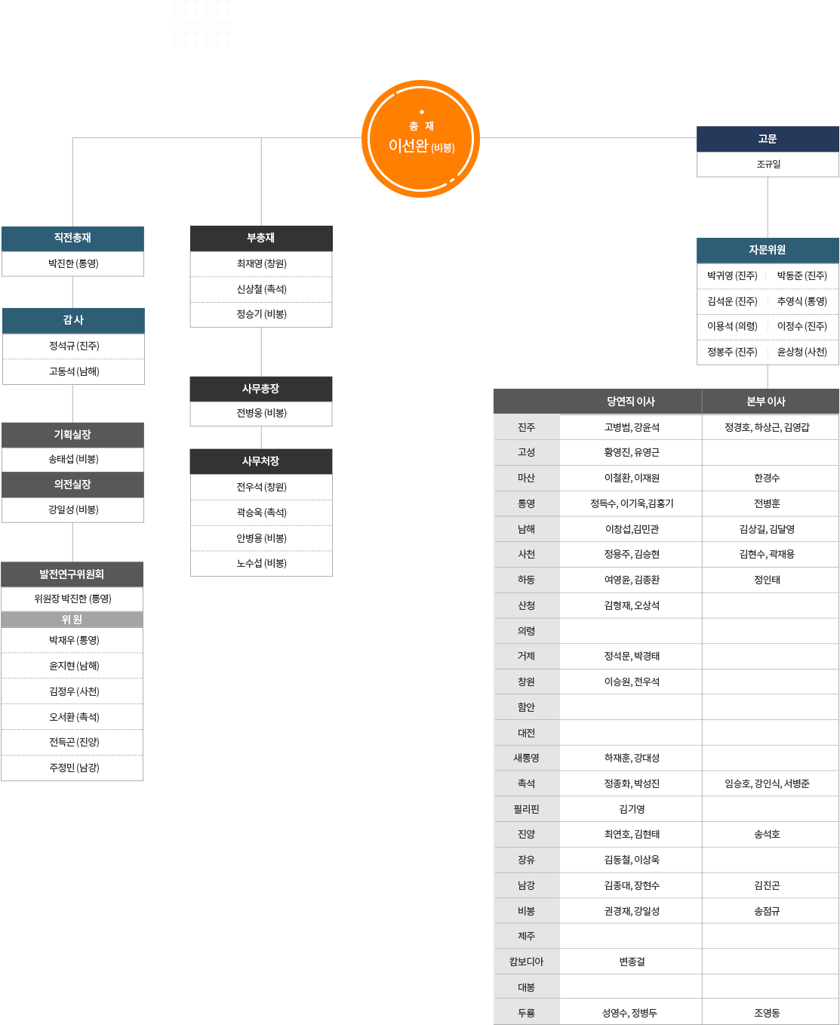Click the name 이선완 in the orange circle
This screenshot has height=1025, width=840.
[408, 146]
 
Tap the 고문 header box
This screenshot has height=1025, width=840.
[768, 139]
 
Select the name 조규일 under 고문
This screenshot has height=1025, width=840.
[768, 165]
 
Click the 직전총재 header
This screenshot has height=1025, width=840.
[73, 239]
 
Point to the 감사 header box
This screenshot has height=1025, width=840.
[73, 320]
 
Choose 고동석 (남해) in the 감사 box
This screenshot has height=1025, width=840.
[74, 371]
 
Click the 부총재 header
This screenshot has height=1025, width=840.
[261, 239]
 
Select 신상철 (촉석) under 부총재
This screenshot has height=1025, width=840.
[262, 289]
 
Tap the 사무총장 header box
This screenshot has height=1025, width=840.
[261, 389]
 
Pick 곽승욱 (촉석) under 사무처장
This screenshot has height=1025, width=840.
[262, 512]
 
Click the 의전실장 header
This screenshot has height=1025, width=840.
[73, 485]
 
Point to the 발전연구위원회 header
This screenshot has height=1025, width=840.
[72, 574]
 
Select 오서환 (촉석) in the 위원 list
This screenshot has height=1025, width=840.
[74, 717]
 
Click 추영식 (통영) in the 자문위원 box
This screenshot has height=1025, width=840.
[802, 301]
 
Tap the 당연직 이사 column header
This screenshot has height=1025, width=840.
[631, 402]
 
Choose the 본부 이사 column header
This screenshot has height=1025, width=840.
[766, 402]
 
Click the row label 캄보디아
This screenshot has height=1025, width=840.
[527, 962]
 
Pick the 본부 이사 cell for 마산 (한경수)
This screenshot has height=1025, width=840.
[767, 478]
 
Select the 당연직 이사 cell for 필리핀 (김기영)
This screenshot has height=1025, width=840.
[632, 808]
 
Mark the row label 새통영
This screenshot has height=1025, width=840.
[527, 758]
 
